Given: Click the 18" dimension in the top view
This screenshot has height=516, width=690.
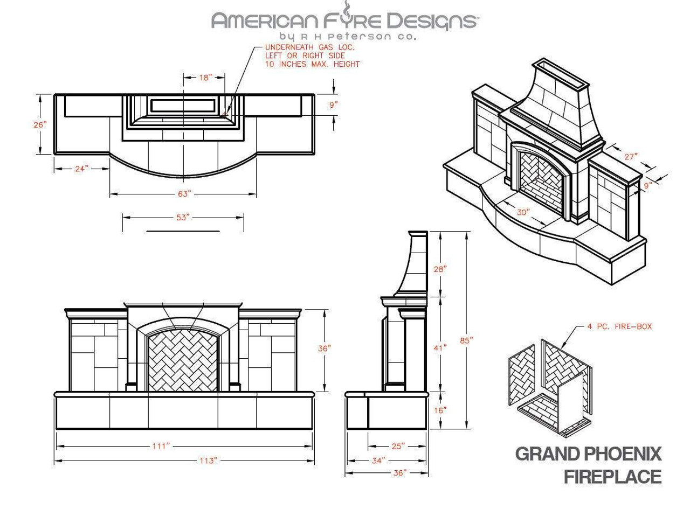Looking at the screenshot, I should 205,78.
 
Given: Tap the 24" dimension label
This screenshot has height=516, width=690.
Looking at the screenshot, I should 81,169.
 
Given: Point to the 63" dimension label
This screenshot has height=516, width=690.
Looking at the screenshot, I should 184,194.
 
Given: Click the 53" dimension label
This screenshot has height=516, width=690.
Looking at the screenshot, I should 183,217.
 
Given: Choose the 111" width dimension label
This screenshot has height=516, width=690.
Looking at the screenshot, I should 160,446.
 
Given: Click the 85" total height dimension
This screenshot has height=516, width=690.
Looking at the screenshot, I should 466,340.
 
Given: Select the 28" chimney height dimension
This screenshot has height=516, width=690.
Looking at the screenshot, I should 440,269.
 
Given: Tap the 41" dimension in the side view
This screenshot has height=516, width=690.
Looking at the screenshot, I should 440,348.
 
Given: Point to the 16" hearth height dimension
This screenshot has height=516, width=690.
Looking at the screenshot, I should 440,410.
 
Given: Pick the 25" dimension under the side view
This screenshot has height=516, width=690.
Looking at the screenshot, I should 398,446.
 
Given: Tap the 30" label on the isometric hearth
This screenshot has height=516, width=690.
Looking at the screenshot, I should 522,212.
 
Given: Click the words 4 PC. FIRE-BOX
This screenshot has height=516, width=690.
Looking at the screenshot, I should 619,326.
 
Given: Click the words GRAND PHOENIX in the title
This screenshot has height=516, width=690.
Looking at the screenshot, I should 588,454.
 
